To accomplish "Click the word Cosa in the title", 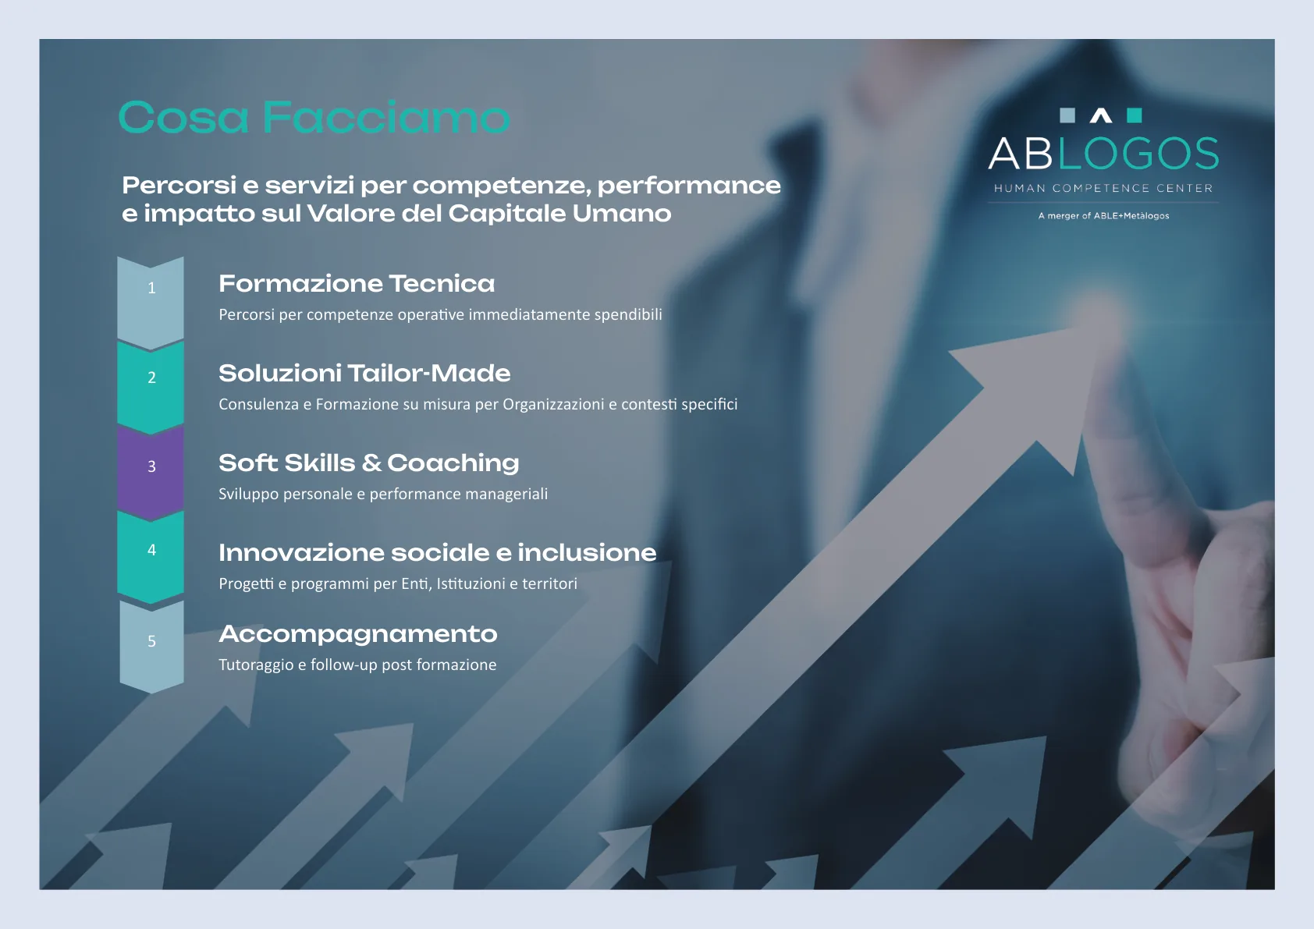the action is pyautogui.click(x=183, y=117).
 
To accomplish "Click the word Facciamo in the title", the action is pyautogui.click(x=386, y=117).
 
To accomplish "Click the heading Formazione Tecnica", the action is pyautogui.click(x=357, y=284).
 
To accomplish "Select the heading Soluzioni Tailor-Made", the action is pyautogui.click(x=364, y=374).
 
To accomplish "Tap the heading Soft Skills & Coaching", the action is pyautogui.click(x=369, y=463).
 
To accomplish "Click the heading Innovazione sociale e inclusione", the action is pyautogui.click(x=438, y=552).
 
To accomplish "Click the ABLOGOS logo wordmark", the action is pyautogui.click(x=1103, y=153).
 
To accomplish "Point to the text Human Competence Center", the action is pyautogui.click(x=1103, y=188).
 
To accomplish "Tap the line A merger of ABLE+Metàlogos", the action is pyautogui.click(x=1103, y=216).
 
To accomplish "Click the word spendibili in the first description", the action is pyautogui.click(x=628, y=315).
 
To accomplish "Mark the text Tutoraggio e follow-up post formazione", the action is pyautogui.click(x=357, y=665).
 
